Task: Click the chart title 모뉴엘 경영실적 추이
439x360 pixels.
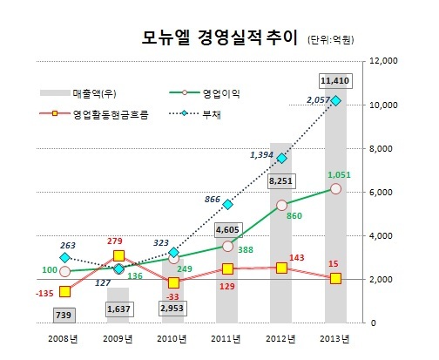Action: tap(219, 37)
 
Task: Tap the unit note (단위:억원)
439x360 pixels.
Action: tap(331, 39)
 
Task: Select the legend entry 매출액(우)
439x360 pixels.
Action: tap(78, 93)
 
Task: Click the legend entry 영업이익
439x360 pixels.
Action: tap(205, 93)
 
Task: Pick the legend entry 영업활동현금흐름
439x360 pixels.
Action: tap(94, 114)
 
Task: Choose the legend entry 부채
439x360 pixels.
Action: tap(195, 114)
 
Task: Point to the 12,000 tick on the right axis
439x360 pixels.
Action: tap(383, 61)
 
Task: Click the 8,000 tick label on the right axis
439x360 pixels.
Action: tap(381, 148)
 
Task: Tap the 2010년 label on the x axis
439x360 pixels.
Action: tap(172, 339)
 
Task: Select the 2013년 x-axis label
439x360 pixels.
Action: tap(334, 339)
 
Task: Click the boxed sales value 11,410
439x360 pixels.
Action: tap(335, 81)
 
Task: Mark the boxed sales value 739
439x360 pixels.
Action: tap(64, 316)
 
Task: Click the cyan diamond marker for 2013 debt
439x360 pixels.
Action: tap(336, 101)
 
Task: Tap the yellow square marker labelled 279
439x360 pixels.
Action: tap(118, 255)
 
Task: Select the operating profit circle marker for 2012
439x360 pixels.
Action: tap(281, 206)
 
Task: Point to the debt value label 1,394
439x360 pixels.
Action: tap(261, 155)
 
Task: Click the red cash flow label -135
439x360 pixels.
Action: tap(44, 294)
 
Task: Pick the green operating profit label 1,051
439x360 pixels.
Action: tap(339, 175)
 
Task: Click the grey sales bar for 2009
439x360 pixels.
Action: tap(118, 305)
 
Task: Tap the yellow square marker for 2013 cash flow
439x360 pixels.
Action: tap(335, 278)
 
